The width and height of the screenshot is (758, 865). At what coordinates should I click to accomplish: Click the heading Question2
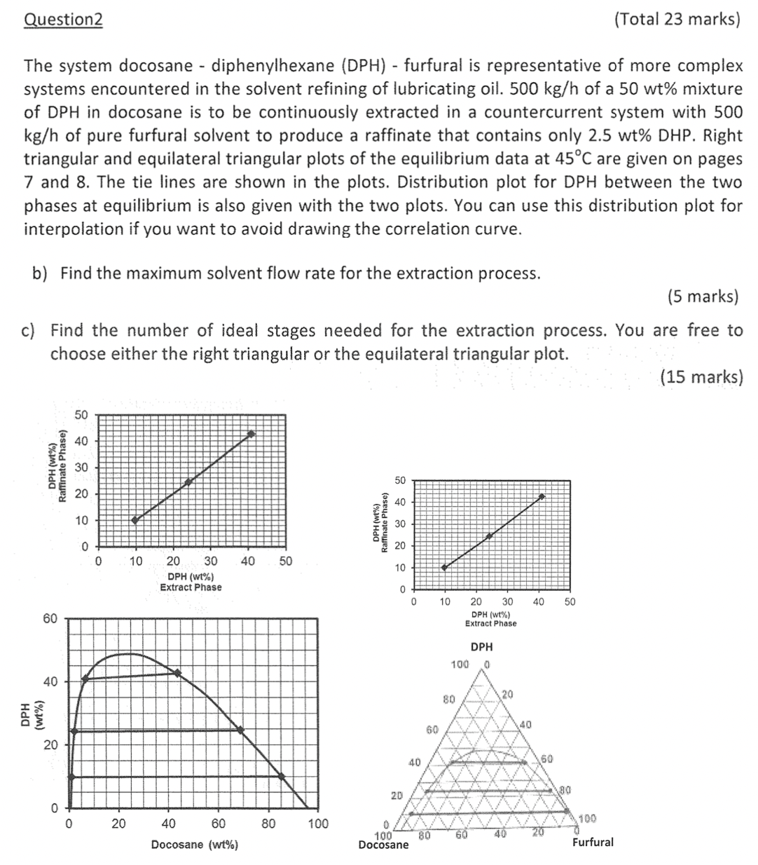tap(63, 20)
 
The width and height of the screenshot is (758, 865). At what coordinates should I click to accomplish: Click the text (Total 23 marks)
tap(676, 20)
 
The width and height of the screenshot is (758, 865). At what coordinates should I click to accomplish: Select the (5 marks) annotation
tap(703, 297)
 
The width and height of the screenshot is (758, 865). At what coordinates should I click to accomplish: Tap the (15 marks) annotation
tap(701, 377)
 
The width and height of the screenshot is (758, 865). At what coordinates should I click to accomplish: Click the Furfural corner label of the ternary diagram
tap(592, 842)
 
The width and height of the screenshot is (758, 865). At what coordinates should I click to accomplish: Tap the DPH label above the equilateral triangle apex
tap(481, 647)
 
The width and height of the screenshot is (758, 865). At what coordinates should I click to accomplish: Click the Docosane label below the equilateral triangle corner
tap(383, 845)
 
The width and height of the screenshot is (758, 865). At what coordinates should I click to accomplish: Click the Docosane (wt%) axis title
tap(194, 845)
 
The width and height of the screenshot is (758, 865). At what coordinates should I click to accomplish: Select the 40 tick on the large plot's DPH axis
tap(50, 681)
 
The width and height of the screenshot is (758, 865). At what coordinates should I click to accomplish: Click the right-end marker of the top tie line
tap(177, 673)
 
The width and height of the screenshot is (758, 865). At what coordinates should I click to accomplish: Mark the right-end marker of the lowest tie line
tap(281, 776)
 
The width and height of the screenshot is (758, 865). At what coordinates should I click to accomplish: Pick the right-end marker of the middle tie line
tap(240, 730)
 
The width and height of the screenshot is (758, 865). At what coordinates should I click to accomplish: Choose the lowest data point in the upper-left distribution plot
tap(135, 520)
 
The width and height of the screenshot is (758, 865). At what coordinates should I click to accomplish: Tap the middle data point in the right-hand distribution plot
tap(489, 536)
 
